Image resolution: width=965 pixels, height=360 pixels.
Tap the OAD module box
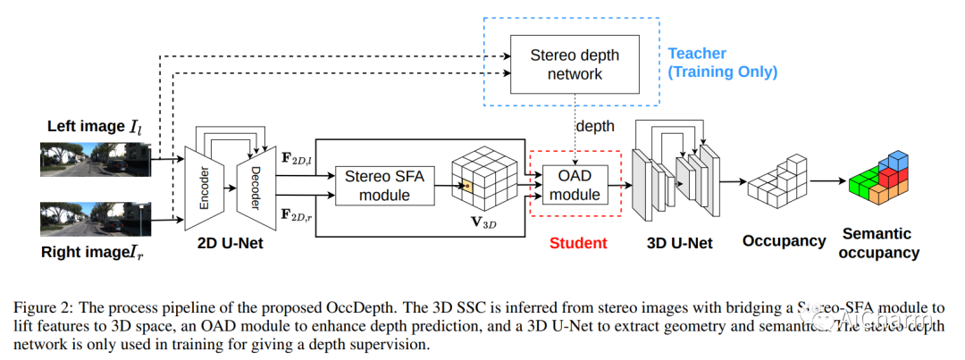coord(575,184)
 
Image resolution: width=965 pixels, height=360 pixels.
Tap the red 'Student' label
coord(578,242)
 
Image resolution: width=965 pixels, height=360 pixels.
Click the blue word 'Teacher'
coord(698,53)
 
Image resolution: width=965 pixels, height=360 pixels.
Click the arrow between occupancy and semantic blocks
coord(827,181)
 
